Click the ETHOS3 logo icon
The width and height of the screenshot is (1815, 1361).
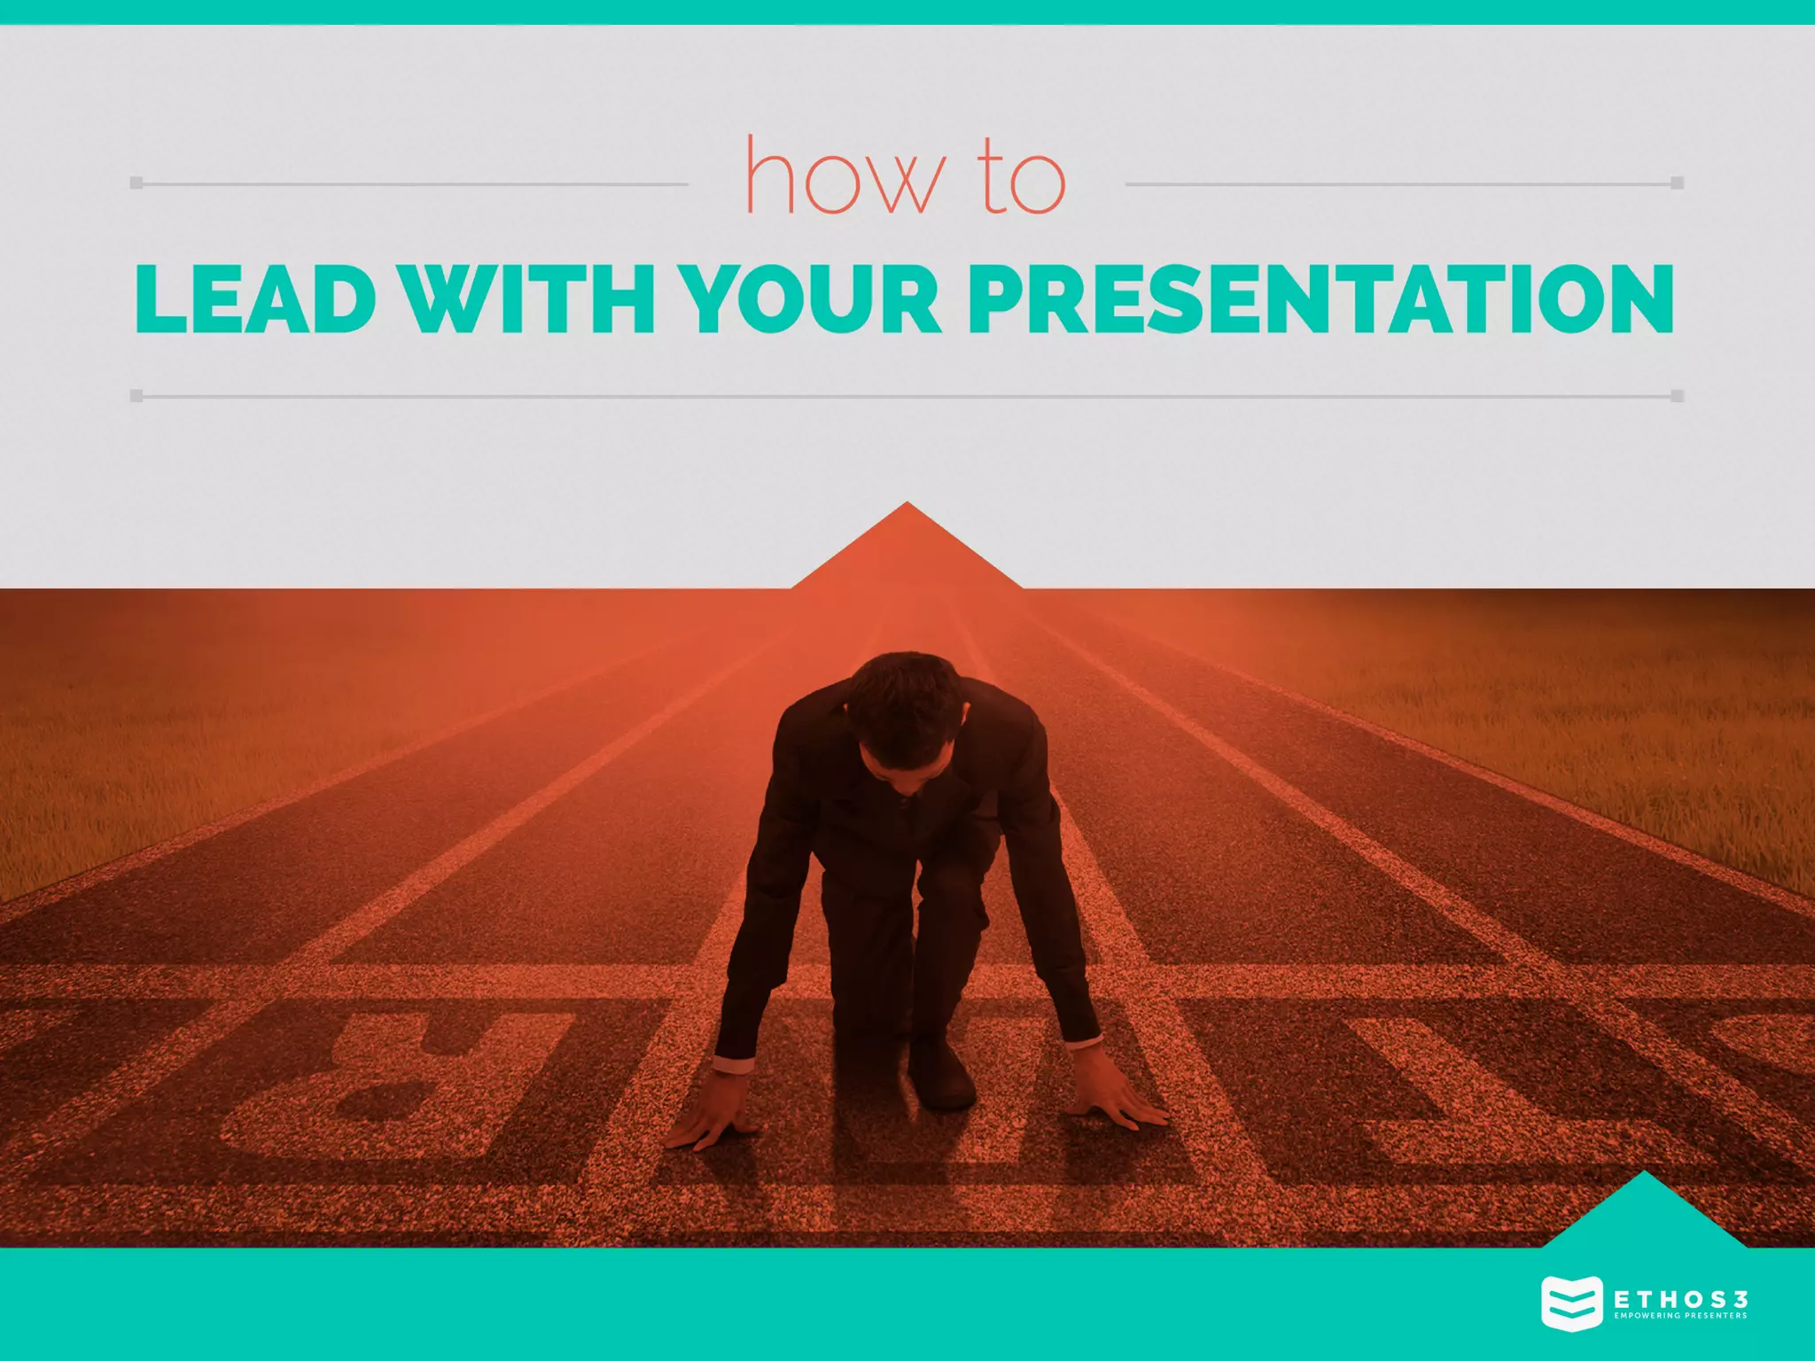tap(1571, 1303)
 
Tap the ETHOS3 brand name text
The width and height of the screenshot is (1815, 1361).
tap(1680, 1300)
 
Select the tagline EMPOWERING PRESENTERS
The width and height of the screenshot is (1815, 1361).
tap(1680, 1316)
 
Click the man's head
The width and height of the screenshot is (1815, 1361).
tap(904, 709)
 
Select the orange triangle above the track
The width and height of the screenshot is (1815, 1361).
tap(907, 554)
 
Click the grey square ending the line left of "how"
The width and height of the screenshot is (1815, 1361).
tap(136, 183)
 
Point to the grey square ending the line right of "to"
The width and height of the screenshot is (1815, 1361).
tap(1677, 183)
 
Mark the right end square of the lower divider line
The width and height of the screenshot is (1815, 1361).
tap(1677, 396)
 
